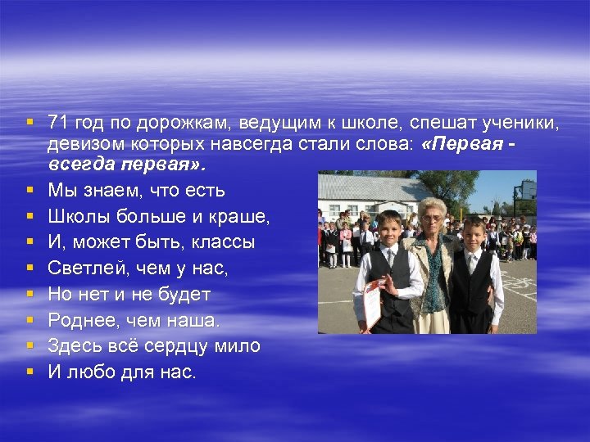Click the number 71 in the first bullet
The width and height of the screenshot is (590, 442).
pyautogui.click(x=57, y=123)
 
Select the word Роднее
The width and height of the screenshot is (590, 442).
pyautogui.click(x=79, y=319)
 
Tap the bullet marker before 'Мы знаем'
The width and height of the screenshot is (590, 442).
pyautogui.click(x=29, y=190)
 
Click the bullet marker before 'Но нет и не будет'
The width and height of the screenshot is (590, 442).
pyautogui.click(x=29, y=293)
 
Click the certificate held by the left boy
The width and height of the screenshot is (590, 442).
pyautogui.click(x=373, y=301)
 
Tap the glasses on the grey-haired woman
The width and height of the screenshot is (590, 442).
pyautogui.click(x=430, y=218)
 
